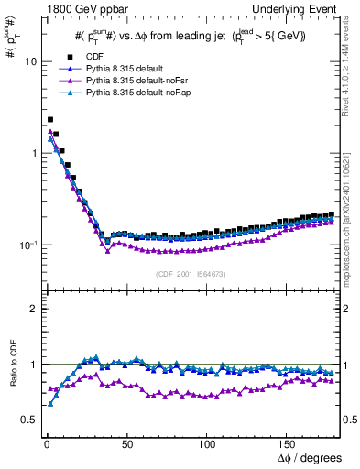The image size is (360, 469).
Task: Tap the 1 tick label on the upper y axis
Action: tap(33, 153)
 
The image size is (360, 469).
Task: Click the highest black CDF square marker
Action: tap(50, 119)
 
